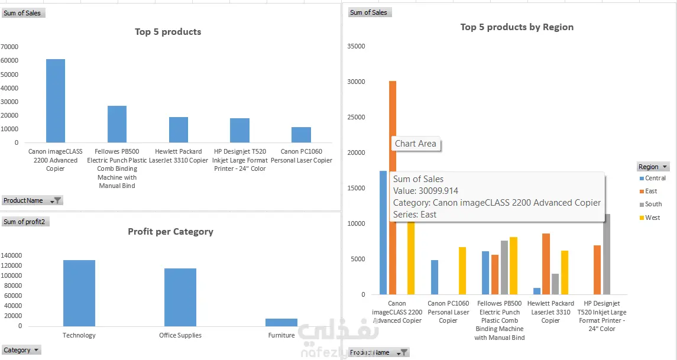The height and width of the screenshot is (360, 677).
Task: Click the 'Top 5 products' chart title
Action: coord(168,32)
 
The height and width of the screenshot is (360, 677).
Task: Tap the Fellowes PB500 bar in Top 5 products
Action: coord(117,124)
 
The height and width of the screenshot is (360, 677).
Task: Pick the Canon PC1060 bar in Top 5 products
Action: coord(301,135)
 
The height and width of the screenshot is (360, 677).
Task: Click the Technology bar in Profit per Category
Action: coord(79,293)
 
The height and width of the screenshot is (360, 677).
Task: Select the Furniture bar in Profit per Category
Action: coord(281,322)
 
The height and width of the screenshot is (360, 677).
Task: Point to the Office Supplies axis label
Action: coord(180,335)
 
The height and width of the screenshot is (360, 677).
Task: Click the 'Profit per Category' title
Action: coord(171,232)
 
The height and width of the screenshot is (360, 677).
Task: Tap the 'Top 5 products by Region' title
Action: coord(517,27)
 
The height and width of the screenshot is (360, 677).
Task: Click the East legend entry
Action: coord(650,191)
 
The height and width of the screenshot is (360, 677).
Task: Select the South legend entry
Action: coord(653,204)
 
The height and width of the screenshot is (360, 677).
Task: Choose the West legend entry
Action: coord(652,218)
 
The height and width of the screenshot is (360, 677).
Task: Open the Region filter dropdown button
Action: coord(666,167)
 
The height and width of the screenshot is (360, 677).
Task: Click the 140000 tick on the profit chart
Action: coord(11,255)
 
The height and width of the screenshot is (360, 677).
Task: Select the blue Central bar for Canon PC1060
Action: coord(435,277)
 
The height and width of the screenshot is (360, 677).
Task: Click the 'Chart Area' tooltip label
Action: coord(416,143)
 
